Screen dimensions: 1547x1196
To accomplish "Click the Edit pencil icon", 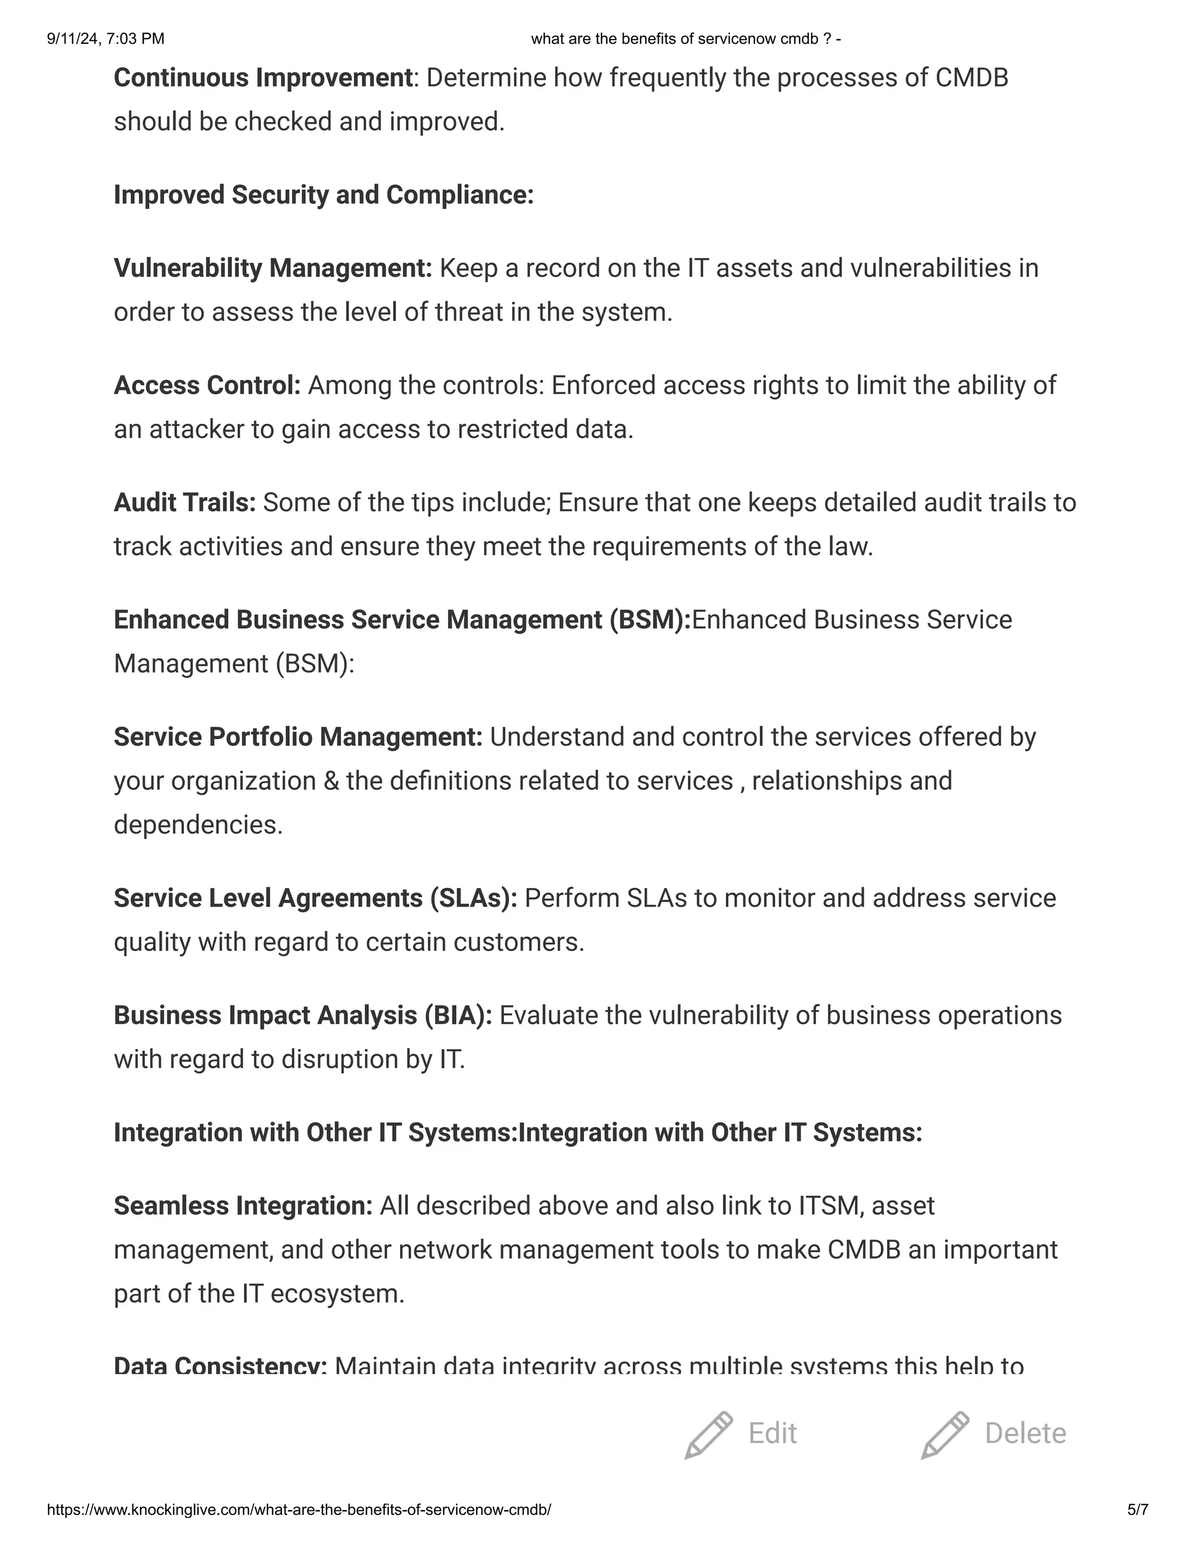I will (x=708, y=1434).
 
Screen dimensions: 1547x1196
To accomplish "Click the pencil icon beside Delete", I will (x=944, y=1434).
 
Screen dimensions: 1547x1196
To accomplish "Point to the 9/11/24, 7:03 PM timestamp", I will (x=106, y=39).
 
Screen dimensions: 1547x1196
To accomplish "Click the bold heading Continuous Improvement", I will (x=263, y=78).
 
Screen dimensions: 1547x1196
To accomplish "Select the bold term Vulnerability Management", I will (x=273, y=269).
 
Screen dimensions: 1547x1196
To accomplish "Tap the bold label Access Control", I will (x=207, y=385).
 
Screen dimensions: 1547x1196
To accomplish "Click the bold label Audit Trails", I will (x=184, y=503).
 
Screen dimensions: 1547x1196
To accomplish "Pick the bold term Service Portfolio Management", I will (x=298, y=737).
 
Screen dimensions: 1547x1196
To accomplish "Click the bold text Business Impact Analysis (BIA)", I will (x=303, y=1016).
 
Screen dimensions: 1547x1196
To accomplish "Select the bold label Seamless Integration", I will (x=243, y=1205).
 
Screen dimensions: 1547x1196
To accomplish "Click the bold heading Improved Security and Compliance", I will (x=323, y=196).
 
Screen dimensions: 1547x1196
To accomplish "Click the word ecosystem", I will (x=338, y=1294).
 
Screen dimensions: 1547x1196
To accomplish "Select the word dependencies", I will (x=198, y=825).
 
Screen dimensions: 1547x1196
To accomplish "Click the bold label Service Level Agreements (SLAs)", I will (x=315, y=898).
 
